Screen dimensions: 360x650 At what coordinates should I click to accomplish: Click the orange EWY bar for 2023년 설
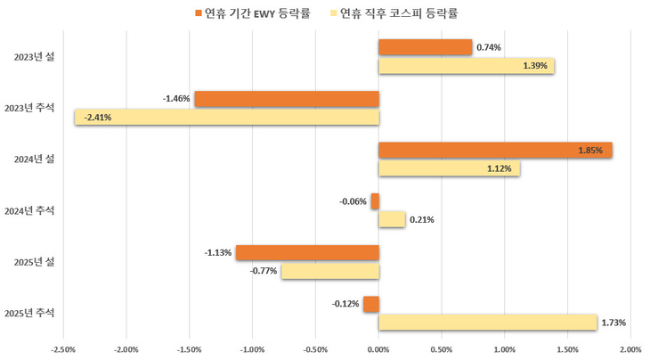pos(425,47)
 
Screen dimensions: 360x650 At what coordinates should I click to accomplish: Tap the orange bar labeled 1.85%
pos(495,151)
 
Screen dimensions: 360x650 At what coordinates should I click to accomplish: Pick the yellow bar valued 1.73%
pos(487,322)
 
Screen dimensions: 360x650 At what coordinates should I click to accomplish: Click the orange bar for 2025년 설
pos(307,252)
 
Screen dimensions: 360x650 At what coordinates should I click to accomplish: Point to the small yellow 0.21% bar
pos(392,219)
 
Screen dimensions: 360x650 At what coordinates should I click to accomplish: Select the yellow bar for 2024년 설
pos(449,168)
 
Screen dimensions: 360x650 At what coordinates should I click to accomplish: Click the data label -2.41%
pos(97,117)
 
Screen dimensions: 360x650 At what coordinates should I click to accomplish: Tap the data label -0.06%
pos(353,201)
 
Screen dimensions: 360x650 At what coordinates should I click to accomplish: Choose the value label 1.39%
pos(536,66)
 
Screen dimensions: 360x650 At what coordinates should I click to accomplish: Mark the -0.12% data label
pos(345,304)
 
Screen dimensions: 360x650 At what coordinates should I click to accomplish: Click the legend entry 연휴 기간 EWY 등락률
pos(257,12)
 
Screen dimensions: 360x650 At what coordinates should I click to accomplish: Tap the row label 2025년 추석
pos(29,313)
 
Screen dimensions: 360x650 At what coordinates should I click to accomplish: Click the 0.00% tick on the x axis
pos(378,349)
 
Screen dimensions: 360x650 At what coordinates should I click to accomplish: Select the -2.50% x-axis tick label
pos(63,349)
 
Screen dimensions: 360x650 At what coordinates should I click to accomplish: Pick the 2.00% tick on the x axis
pos(630,349)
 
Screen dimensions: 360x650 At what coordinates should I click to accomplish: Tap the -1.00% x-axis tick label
pos(252,349)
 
